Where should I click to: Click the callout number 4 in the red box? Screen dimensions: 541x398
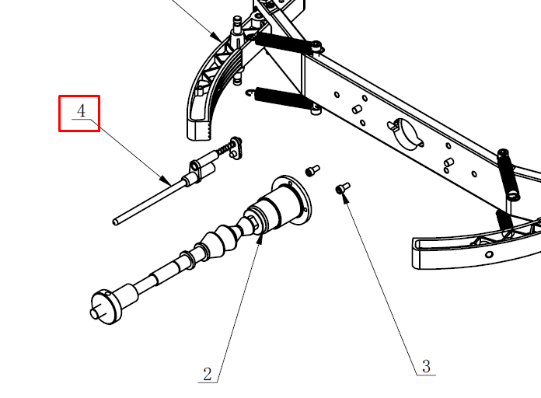(x=81, y=111)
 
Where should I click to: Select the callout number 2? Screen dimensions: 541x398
(x=207, y=374)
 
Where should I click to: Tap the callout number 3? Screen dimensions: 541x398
(x=427, y=367)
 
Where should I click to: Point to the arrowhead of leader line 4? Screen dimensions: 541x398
(x=166, y=180)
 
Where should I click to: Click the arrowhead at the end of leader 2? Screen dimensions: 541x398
(x=260, y=238)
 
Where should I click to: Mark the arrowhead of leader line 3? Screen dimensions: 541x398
(x=344, y=197)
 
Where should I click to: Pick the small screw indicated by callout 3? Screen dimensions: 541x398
(x=343, y=188)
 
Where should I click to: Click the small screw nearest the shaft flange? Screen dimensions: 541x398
(x=312, y=170)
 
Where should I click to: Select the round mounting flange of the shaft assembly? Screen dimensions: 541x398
(x=292, y=201)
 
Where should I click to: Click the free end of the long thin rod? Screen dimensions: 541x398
(x=115, y=222)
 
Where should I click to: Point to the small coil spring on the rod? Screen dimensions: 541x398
(x=224, y=149)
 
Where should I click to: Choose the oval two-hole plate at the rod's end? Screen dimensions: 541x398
(x=236, y=148)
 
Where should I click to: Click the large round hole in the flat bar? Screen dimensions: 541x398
(x=407, y=134)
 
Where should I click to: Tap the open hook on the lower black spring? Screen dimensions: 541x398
(x=250, y=93)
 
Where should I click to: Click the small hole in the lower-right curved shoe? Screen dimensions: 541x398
(x=489, y=255)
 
